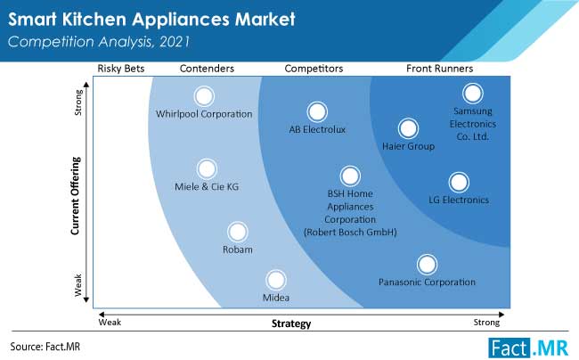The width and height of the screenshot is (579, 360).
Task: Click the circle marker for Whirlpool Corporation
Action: pos(204,96)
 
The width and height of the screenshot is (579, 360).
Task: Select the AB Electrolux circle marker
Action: pos(317,111)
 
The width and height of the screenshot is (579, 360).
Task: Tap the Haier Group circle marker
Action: pos(408,128)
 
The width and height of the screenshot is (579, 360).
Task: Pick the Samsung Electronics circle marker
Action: pos(473,93)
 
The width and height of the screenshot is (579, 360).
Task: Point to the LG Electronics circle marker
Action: pos(459,182)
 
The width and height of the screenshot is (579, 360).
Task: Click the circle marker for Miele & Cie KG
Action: pos(207,168)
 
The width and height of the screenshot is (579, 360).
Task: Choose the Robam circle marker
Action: pos(238,232)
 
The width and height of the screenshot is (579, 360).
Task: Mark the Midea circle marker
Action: pos(276,280)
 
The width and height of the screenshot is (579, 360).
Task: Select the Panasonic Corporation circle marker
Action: pos(427,265)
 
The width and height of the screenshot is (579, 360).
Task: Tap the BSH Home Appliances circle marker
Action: pos(350,176)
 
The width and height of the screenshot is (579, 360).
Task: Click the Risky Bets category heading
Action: pos(121,69)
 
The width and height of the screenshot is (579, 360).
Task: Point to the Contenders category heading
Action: pos(207,69)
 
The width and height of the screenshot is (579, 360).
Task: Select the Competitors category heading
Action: pos(314,69)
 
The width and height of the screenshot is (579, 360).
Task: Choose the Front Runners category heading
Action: pos(439,69)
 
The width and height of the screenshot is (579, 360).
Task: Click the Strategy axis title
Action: pos(291,323)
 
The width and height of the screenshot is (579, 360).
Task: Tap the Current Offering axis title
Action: pos(76,196)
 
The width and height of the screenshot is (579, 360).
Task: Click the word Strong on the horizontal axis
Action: pos(486,323)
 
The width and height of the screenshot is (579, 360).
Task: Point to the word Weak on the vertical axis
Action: pos(77,284)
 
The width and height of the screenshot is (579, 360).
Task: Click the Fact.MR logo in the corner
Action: pos(528,348)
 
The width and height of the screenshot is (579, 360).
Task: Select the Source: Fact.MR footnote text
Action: pos(45,347)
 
